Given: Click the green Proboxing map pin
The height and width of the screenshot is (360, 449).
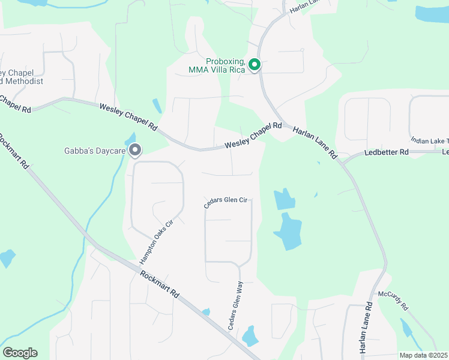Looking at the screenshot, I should pyautogui.click(x=254, y=64).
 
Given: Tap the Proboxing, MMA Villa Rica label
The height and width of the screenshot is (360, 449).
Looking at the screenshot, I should pyautogui.click(x=226, y=65).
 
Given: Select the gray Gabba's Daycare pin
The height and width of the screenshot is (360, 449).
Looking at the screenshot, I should pyautogui.click(x=136, y=150).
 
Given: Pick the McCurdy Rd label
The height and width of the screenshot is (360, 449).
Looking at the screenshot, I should pyautogui.click(x=393, y=300).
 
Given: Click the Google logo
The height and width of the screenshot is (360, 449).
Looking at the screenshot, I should pyautogui.click(x=20, y=352).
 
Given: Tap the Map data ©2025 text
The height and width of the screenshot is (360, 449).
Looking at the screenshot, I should pyautogui.click(x=423, y=355).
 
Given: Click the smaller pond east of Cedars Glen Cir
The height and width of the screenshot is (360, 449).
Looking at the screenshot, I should pyautogui.click(x=284, y=199).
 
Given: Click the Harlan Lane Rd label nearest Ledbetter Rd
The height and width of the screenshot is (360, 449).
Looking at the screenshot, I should pyautogui.click(x=315, y=143).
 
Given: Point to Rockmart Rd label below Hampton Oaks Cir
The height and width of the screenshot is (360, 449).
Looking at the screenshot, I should pyautogui.click(x=159, y=284).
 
